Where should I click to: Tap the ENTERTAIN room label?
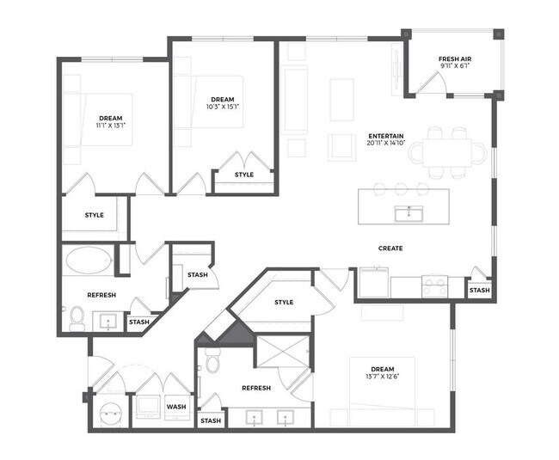387,136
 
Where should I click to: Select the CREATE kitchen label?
390,248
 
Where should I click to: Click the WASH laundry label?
176,407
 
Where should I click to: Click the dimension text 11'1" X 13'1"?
110,126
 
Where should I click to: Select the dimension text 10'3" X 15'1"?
223,107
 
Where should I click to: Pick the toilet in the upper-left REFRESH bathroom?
77,319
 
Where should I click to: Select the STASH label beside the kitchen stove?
479,291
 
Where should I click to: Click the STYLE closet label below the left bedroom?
95,215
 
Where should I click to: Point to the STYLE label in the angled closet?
284,303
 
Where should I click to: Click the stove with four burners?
433,285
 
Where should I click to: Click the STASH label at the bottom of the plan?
210,421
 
